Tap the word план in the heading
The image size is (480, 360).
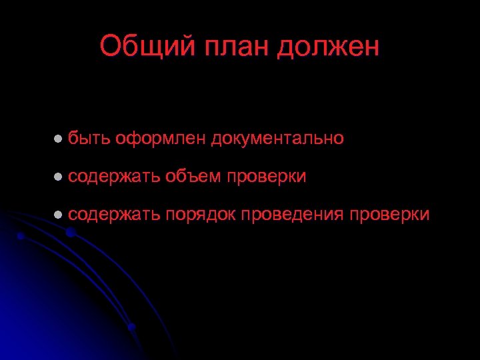229,47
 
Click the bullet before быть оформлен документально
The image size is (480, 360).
58,138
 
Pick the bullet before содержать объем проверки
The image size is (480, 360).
58,177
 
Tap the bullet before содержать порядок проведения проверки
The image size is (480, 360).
58,215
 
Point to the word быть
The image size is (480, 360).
89,138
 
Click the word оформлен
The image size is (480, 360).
161,138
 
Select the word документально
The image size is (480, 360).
278,138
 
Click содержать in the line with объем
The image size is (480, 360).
113,177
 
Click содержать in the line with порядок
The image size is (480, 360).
113,215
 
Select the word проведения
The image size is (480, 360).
293,215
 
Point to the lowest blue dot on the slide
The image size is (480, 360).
131,327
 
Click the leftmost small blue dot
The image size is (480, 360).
21,236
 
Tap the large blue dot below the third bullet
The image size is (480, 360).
69,232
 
